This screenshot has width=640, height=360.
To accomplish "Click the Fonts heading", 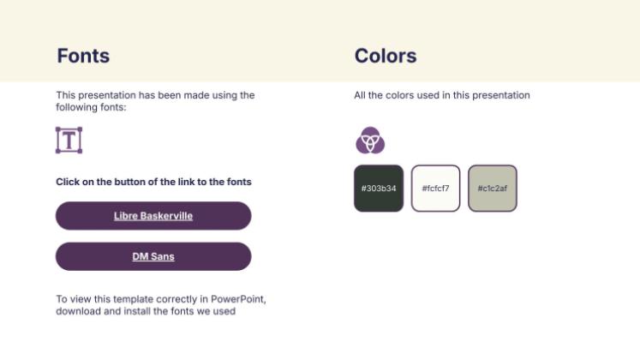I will coord(83,57).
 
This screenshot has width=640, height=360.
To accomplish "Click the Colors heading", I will coord(386,57).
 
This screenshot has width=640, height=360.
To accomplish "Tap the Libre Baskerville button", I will coord(153,216).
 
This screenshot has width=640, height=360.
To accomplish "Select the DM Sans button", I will coord(153,256).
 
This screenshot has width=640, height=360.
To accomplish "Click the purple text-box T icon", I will coord(69,140).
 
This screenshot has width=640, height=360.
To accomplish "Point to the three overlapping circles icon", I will coord(370,140).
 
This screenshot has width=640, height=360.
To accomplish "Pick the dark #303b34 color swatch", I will coord(379,188).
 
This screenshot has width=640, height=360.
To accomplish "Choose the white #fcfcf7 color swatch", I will coord(435,188).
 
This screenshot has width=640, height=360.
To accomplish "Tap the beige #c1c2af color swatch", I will coord(493,188).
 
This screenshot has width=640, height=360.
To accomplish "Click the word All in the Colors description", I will coord(361,95).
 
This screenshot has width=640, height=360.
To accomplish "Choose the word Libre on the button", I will coord(124,216).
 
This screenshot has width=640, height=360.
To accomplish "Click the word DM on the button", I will coord(140,256).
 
